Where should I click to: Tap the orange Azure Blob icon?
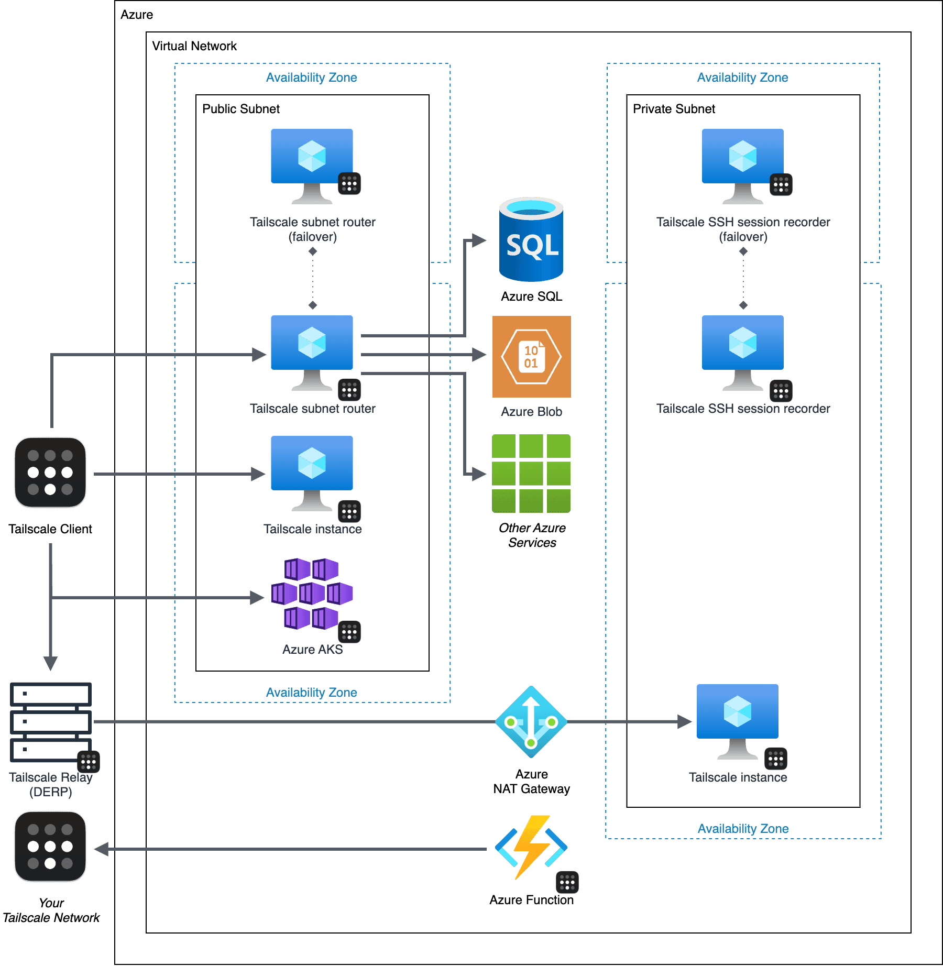point(531,357)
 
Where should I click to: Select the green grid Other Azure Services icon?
point(531,474)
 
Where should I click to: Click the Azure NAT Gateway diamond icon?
point(531,722)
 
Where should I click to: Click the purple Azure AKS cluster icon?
point(312,594)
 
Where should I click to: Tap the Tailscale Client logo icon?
point(50,473)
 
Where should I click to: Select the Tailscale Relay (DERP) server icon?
point(51,722)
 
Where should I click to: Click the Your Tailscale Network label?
point(51,910)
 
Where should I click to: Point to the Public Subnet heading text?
point(241,109)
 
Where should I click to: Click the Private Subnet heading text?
point(674,109)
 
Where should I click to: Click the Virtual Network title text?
point(194,46)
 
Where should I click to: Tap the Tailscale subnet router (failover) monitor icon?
point(312,166)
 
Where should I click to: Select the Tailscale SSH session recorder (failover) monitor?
point(742,166)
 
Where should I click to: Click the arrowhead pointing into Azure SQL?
point(479,240)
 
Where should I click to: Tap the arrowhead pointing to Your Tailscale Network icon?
point(102,849)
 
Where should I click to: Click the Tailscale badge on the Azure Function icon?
point(567,883)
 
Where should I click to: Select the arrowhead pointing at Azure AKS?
point(257,598)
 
